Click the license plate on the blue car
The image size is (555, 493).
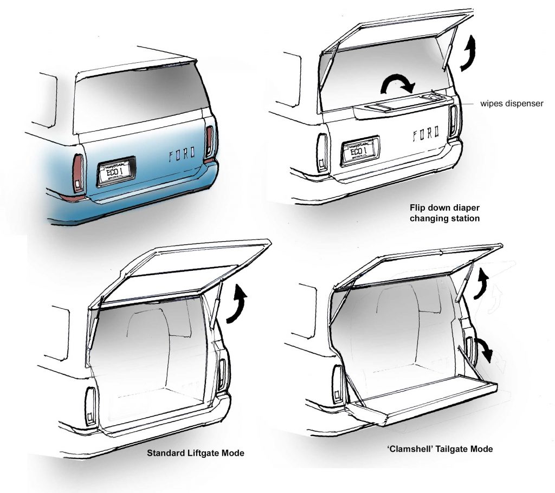coord(115,171)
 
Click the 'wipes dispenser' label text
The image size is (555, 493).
coord(509,103)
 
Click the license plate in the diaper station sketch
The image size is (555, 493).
coord(360,151)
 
